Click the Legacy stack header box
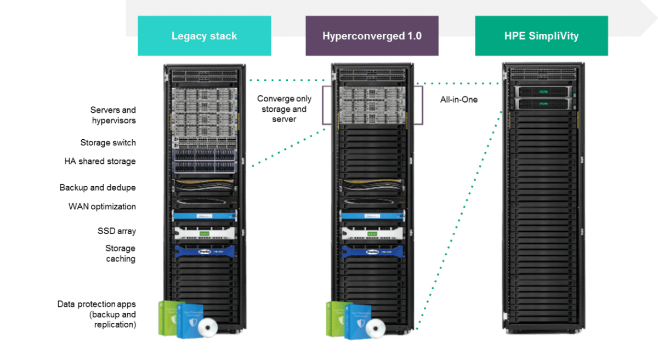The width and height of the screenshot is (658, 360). tap(204, 36)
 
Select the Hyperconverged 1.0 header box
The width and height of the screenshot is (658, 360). tap(372, 36)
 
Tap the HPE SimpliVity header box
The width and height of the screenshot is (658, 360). tap(541, 36)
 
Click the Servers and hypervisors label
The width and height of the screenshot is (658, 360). tap(113, 115)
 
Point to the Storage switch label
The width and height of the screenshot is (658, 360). tap(108, 142)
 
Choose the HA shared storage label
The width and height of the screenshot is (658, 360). tap(100, 162)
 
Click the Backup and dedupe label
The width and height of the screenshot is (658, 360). tap(98, 187)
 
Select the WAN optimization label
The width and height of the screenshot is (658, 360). tap(102, 207)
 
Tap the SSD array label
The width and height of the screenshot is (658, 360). tap(116, 231)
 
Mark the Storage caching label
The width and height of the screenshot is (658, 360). tap(120, 254)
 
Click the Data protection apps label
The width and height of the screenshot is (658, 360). tap(97, 314)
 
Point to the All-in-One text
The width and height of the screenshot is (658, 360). tap(459, 100)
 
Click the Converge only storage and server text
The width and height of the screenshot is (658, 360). tap(284, 108)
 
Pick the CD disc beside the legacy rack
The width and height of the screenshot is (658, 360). tap(208, 327)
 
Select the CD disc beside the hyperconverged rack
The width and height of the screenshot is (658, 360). tap(376, 327)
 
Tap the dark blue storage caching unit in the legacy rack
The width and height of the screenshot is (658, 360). tap(204, 251)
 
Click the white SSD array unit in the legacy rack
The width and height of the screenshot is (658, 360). tap(204, 233)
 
